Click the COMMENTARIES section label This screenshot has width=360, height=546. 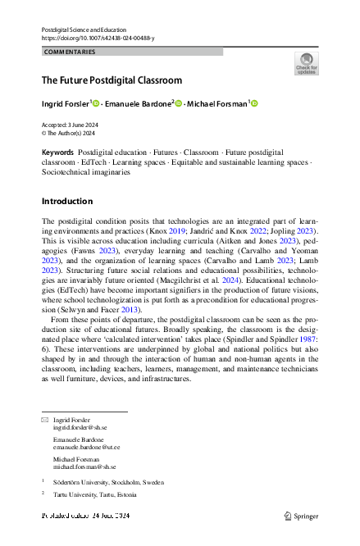click(71, 52)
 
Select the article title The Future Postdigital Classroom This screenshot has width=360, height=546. click(112, 80)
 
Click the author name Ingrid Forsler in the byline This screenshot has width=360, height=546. click(65, 103)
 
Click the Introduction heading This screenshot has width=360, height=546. click(66, 201)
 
